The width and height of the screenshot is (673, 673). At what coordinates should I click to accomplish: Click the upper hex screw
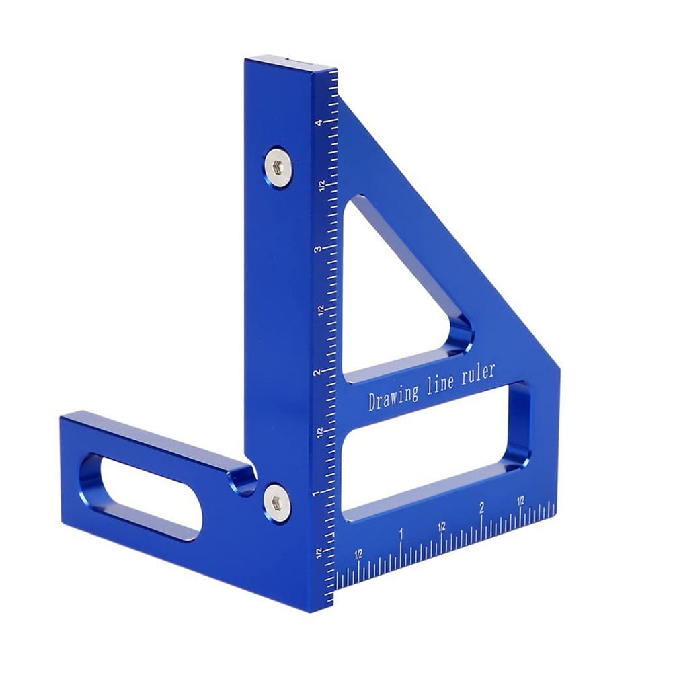coord(278,163)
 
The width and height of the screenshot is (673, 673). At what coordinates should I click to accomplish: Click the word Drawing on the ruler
coord(392,396)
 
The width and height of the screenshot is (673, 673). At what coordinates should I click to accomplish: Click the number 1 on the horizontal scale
coord(401,535)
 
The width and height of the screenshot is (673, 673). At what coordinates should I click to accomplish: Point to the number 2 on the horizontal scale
coord(481,508)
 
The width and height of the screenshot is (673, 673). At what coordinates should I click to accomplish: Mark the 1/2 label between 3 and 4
coord(322,186)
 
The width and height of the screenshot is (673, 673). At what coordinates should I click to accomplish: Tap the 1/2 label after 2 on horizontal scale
coord(520,501)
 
